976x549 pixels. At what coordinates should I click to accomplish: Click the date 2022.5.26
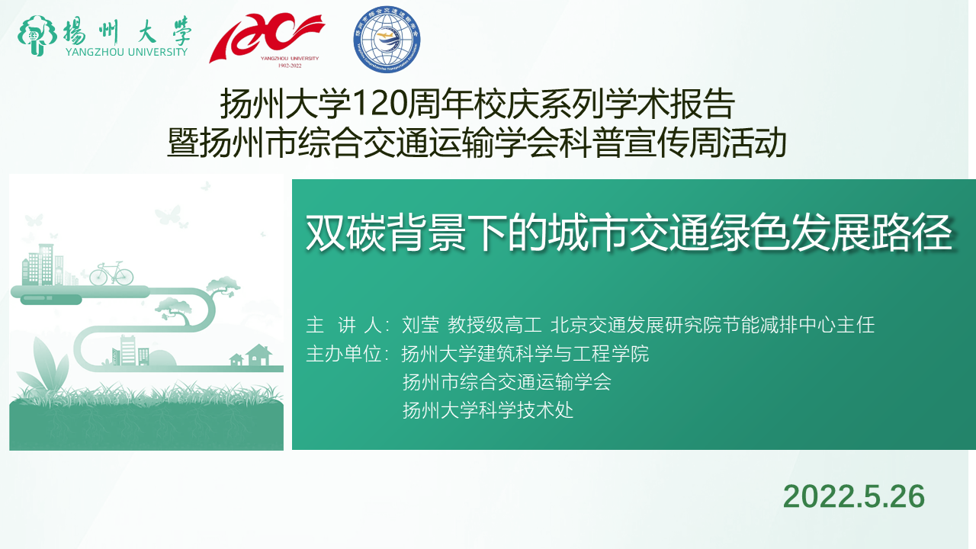click(853, 496)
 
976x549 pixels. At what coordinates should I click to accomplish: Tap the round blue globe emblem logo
click(387, 39)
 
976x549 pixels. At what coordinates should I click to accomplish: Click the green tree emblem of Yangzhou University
click(37, 36)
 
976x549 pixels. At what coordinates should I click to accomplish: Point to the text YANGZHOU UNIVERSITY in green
click(127, 52)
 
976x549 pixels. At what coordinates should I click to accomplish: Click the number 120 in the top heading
click(379, 104)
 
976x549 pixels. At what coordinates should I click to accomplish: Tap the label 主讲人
click(344, 325)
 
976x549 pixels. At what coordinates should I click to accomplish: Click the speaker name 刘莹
click(420, 325)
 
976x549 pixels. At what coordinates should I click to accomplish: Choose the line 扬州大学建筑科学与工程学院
click(525, 353)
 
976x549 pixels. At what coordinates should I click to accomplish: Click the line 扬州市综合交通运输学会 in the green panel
click(507, 382)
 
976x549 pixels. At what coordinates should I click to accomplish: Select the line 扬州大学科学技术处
click(487, 410)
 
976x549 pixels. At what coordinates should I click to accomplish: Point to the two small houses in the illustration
click(251, 355)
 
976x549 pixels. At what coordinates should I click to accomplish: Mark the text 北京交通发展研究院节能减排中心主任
click(713, 325)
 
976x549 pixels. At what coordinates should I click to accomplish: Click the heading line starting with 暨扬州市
click(477, 142)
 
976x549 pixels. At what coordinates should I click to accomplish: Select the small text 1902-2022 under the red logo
click(290, 66)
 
